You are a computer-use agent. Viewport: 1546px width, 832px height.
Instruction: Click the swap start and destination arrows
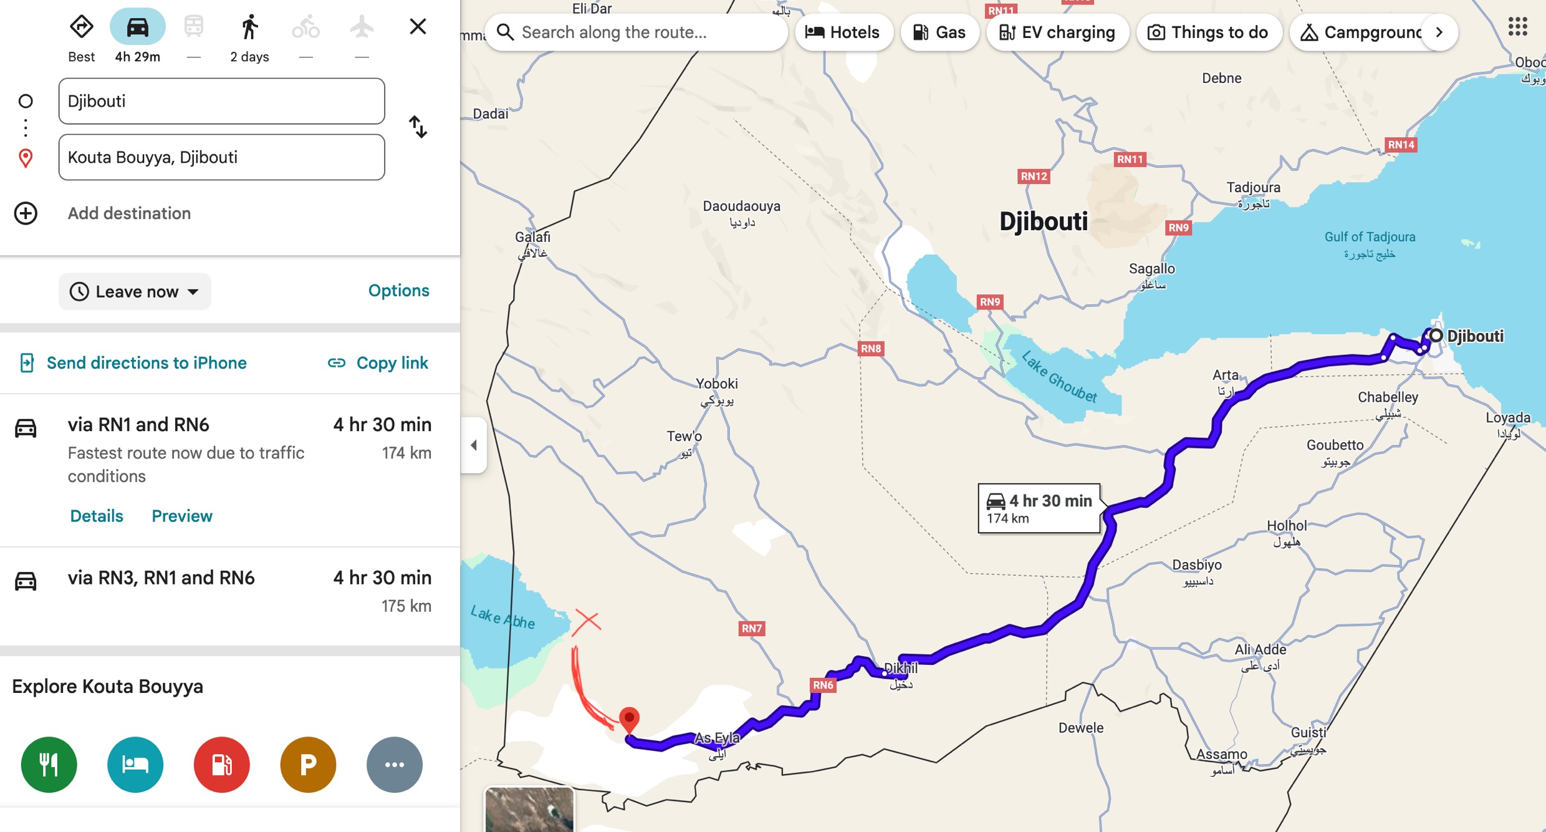(418, 127)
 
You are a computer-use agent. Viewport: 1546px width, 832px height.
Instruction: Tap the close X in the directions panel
(418, 26)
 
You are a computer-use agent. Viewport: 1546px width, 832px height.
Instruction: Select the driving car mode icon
(137, 27)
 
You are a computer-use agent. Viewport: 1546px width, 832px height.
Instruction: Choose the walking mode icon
(249, 27)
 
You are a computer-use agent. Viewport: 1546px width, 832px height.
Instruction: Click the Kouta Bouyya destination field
(221, 157)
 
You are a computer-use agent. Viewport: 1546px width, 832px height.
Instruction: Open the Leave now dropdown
(135, 291)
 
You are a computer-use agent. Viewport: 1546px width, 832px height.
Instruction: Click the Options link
(398, 291)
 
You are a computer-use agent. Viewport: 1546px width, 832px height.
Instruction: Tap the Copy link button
(378, 363)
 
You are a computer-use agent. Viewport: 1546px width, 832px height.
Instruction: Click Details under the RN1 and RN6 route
(97, 516)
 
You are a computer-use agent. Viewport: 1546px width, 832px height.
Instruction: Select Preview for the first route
(182, 516)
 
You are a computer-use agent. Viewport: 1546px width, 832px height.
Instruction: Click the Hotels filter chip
(843, 32)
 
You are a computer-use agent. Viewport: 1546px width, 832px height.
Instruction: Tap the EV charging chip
(1057, 32)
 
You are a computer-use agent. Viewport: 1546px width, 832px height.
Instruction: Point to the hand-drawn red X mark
(587, 621)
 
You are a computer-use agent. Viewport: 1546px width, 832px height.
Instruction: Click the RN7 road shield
(751, 628)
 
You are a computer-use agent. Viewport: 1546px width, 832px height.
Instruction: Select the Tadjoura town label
(1253, 188)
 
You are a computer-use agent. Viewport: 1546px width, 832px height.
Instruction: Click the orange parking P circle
(308, 764)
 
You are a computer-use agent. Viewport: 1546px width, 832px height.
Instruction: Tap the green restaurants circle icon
(49, 764)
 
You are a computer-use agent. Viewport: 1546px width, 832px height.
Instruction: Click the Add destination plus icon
(26, 213)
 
